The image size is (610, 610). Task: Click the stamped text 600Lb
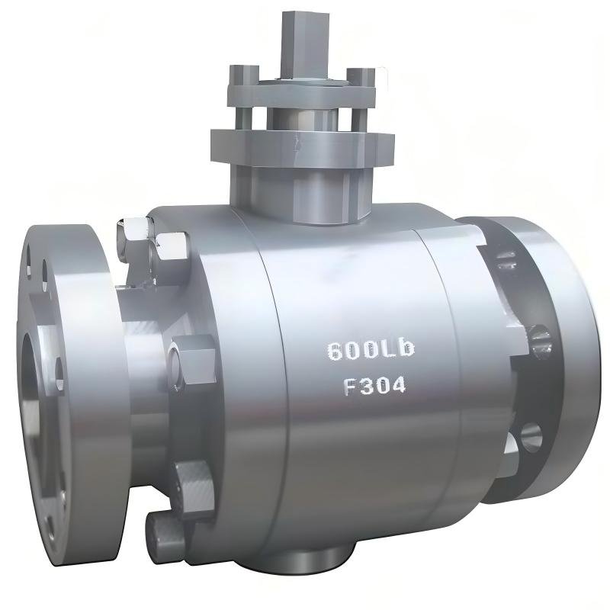click(371, 350)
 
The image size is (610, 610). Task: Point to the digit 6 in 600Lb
click(335, 352)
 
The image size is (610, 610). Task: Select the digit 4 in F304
click(397, 387)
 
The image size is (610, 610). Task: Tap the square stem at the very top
click(306, 43)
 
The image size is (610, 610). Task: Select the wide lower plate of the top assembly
click(303, 148)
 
